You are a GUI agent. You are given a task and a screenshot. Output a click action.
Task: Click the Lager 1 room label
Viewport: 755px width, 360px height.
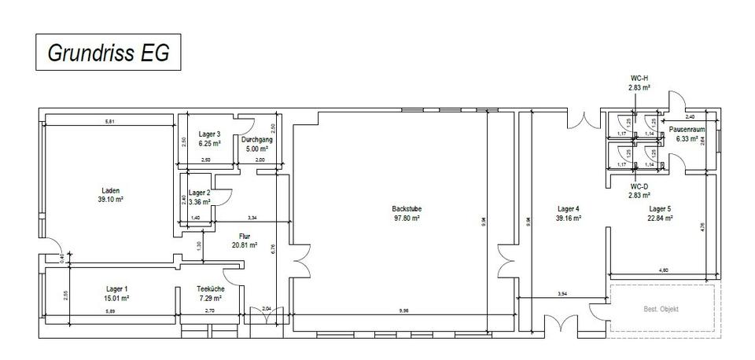112,288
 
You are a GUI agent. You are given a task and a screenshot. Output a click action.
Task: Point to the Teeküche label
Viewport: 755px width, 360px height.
210,288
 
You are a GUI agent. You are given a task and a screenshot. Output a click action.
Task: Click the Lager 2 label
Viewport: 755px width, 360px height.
200,193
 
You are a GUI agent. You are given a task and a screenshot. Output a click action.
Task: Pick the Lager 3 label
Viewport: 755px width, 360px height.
209,134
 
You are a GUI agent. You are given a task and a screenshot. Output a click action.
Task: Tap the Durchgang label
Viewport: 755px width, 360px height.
256,139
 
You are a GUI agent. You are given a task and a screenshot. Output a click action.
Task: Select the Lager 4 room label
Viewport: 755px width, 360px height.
569,208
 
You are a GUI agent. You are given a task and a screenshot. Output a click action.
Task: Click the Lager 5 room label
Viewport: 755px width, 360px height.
660,208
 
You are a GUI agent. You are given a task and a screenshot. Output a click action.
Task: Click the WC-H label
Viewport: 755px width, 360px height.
639,79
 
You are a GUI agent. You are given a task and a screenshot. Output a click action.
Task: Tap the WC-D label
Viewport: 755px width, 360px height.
639,186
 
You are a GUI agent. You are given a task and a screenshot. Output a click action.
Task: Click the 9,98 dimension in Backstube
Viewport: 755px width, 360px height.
404,310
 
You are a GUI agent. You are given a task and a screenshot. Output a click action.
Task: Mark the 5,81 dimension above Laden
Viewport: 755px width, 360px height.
111,121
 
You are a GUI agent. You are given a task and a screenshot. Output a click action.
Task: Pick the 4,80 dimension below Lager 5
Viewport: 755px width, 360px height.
665,271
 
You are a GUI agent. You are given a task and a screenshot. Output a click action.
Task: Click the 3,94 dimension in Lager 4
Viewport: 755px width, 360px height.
562,293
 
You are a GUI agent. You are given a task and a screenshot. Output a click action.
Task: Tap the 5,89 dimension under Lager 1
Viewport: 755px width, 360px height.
111,311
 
